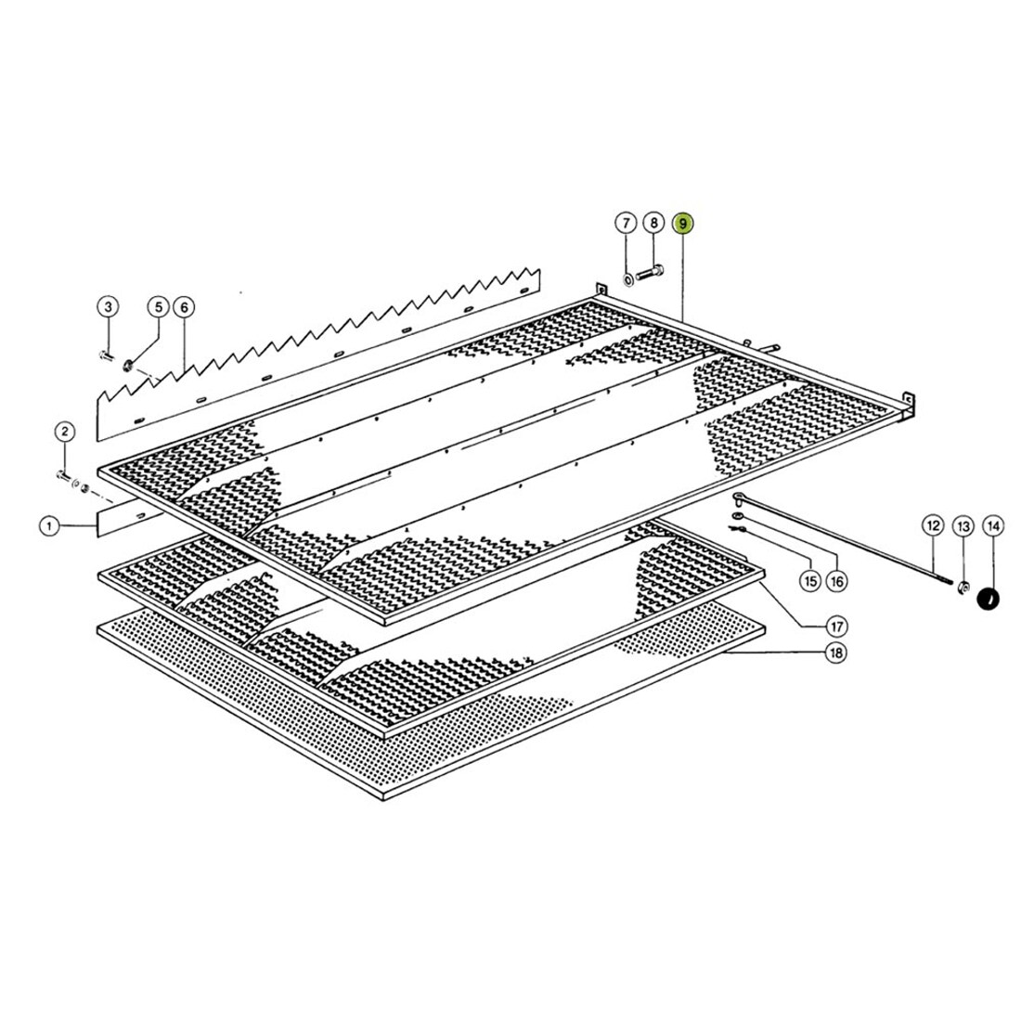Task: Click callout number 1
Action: (48, 526)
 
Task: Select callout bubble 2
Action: (64, 431)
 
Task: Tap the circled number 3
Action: (108, 306)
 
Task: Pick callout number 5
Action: (157, 306)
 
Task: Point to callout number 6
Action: (183, 306)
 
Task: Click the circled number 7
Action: (626, 224)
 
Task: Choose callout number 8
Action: (653, 224)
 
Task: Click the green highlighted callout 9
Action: (683, 224)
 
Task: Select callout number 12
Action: (933, 526)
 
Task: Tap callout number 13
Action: (963, 526)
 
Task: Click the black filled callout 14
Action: (993, 526)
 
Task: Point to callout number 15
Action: (809, 582)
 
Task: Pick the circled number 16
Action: (836, 582)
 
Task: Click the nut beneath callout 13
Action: (963, 587)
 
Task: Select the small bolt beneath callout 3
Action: (105, 355)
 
